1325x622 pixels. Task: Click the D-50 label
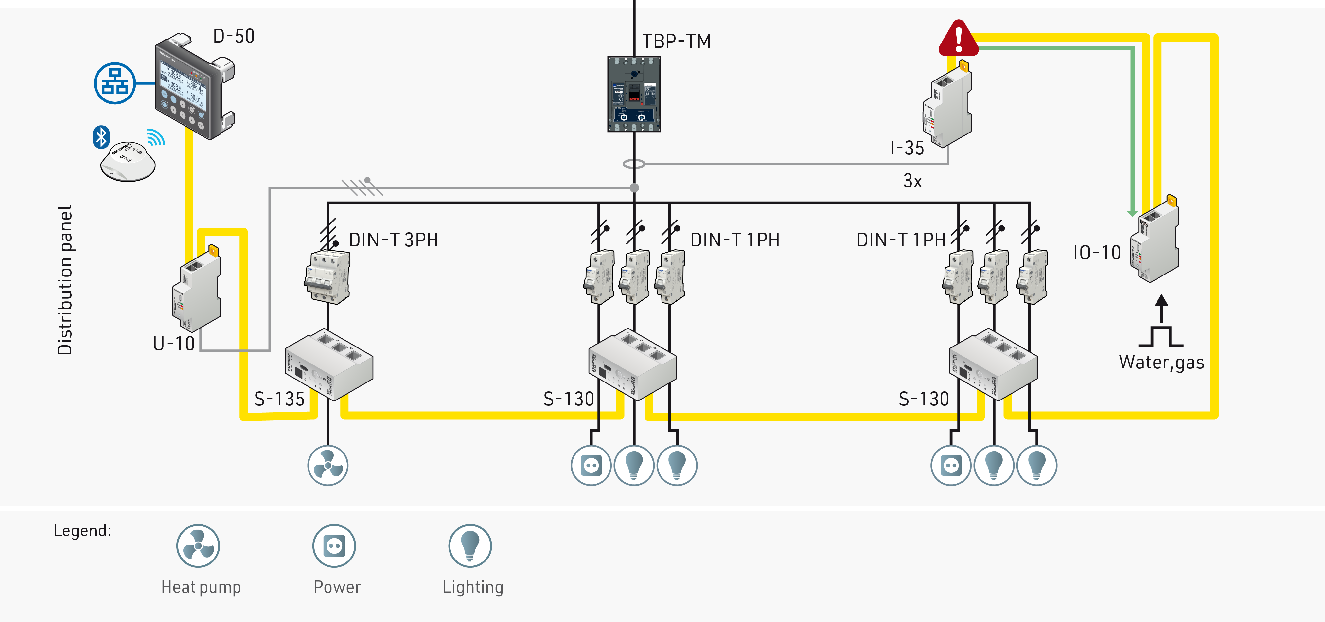(x=234, y=36)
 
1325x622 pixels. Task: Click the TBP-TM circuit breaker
(x=634, y=94)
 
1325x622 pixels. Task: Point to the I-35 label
(x=907, y=148)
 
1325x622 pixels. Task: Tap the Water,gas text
(x=1161, y=362)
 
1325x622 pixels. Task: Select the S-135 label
(x=279, y=399)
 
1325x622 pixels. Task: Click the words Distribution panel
(x=65, y=280)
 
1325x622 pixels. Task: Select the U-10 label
(x=174, y=344)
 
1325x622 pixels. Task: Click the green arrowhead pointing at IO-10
(x=1132, y=212)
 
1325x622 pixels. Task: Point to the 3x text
(x=912, y=181)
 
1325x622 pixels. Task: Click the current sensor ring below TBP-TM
(x=634, y=164)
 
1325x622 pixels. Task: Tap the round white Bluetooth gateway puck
(x=128, y=161)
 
